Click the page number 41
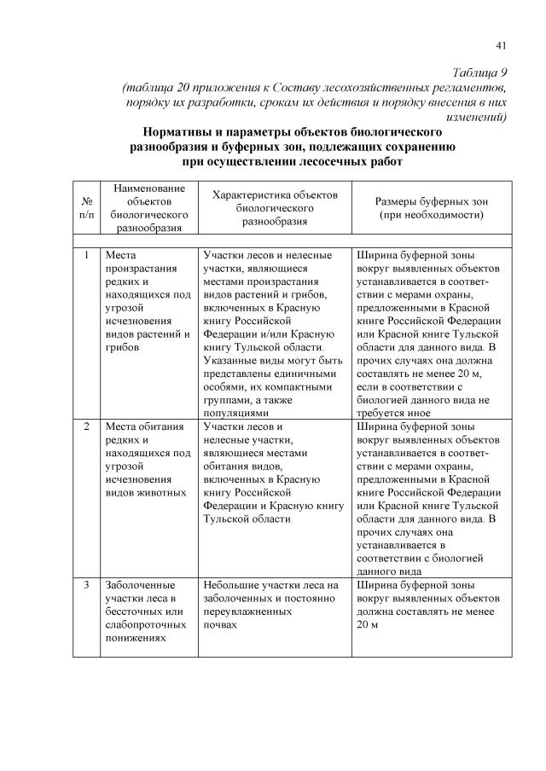501,45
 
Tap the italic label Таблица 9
479,72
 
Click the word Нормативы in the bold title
181,134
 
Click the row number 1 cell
86,254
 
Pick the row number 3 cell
86,585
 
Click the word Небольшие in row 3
231,585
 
